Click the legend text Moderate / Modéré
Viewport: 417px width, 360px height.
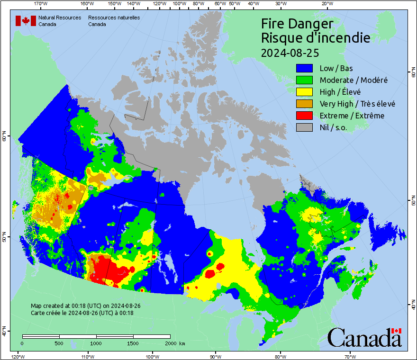[x=354, y=80]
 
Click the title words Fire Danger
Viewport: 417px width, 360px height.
[x=297, y=24]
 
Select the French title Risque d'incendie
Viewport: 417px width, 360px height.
[x=316, y=38]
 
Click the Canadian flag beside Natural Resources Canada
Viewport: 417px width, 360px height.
[x=26, y=21]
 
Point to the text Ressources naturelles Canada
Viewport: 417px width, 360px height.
[x=114, y=21]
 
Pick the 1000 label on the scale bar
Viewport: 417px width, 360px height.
[x=96, y=343]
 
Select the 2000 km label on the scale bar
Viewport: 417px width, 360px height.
[x=174, y=343]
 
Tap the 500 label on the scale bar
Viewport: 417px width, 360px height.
[x=59, y=343]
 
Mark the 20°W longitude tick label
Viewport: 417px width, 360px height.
[x=326, y=4]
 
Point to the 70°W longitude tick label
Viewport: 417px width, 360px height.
[x=350, y=356]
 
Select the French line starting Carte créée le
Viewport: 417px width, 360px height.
[x=82, y=313]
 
